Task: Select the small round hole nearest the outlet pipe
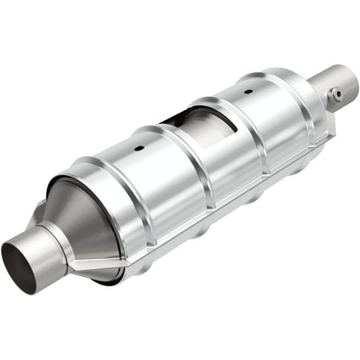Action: click(247, 88)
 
